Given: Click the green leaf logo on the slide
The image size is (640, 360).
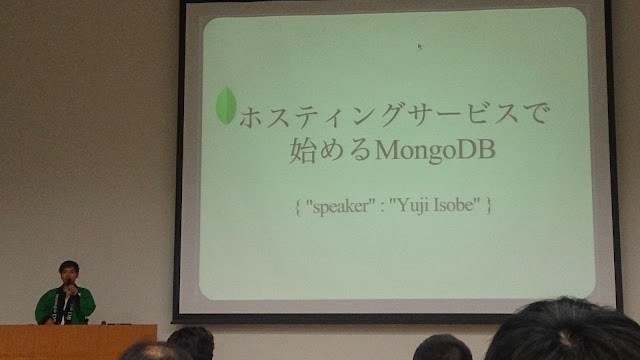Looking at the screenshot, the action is (226, 105).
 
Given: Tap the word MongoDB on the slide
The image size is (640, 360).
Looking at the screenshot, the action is (435, 151).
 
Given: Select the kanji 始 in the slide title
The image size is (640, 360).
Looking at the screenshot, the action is (303, 150).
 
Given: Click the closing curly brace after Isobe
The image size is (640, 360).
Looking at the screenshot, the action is (488, 205).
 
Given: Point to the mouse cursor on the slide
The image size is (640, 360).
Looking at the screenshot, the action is (420, 46).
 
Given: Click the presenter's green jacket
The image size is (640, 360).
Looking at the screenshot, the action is (65, 305).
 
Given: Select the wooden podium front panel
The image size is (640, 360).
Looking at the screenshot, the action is (78, 342).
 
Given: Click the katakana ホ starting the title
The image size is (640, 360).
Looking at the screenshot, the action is (251, 118).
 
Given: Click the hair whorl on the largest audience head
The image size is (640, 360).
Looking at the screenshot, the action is (565, 338).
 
